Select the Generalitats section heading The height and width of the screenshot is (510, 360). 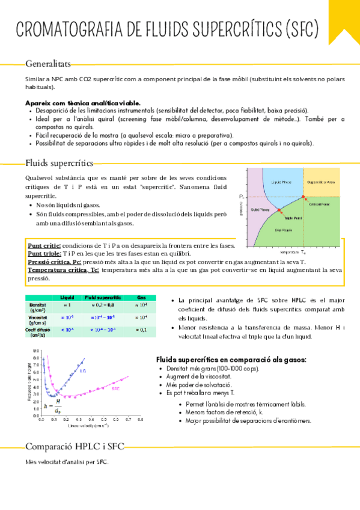tap(47, 63)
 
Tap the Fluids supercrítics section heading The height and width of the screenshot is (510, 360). tap(59, 163)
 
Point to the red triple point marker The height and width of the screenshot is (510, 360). tap(278, 210)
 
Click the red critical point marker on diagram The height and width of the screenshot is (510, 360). tap(303, 197)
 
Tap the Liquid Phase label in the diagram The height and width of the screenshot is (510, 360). tap(282, 181)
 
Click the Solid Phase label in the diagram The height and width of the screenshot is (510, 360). tap(259, 209)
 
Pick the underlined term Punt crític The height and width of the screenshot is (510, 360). tap(44, 246)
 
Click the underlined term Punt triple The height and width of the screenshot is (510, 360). tap(44, 254)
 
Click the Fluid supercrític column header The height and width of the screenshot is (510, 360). tap(103, 298)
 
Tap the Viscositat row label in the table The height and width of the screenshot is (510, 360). tap(38, 317)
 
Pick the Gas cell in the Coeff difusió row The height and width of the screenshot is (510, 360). tap(141, 330)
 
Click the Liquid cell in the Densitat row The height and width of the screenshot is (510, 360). tap(67, 306)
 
